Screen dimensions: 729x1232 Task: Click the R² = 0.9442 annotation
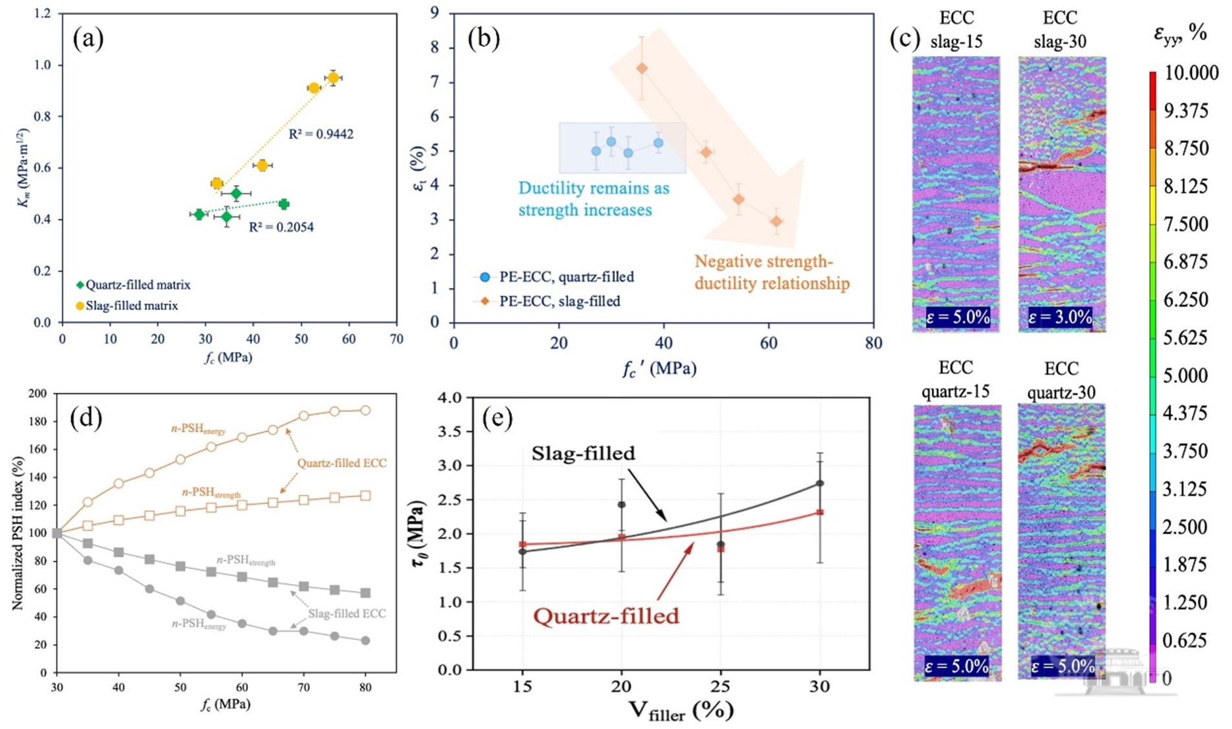[x=321, y=135]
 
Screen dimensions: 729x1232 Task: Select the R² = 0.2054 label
[x=281, y=228]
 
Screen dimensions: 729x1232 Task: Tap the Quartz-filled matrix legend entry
[x=133, y=285]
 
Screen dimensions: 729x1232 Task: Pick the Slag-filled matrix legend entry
[x=127, y=305]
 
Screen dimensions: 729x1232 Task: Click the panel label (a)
[x=88, y=39]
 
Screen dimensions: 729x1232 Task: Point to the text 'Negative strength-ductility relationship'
[x=771, y=272]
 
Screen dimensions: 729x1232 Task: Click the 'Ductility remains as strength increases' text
[x=593, y=199]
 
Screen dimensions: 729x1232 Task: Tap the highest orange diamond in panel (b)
[x=641, y=69]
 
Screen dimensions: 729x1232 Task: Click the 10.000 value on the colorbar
[x=1191, y=72]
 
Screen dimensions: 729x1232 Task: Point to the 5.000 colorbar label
[x=1185, y=375]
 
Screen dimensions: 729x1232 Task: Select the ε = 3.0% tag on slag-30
[x=1060, y=317]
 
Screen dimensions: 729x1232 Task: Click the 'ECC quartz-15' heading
[x=956, y=380]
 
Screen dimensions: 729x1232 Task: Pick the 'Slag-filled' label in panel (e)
[x=583, y=453]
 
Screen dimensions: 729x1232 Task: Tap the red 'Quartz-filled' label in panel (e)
[x=606, y=616]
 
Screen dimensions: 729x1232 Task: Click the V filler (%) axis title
[x=681, y=710]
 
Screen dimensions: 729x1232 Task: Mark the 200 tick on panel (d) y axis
[x=39, y=393]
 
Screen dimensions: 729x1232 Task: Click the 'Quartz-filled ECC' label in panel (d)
[x=342, y=463]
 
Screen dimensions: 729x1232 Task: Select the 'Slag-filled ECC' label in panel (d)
[x=347, y=613]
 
